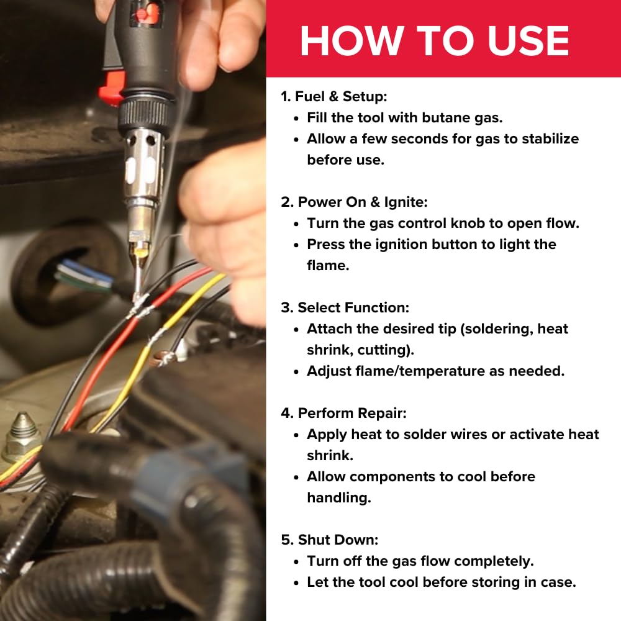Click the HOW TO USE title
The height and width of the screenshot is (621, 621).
[435, 41]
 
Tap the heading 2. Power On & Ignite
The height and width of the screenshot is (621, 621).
[355, 202]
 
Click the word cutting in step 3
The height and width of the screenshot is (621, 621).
[383, 350]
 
